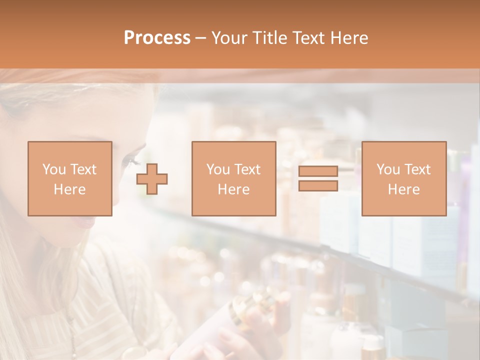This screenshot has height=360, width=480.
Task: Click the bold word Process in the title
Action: point(157,38)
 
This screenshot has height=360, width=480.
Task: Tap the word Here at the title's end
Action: point(349,38)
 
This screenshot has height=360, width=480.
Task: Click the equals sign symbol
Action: point(318,178)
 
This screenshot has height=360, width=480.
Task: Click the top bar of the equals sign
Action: point(318,171)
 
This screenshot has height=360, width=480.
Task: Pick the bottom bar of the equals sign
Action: point(318,185)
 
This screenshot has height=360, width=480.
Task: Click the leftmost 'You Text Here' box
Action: point(69,178)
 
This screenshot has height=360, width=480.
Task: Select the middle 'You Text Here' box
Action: point(233,178)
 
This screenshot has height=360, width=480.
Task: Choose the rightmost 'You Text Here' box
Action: point(403,178)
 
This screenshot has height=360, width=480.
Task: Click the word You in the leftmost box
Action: point(53,169)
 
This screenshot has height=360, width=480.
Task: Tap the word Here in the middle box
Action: point(233,189)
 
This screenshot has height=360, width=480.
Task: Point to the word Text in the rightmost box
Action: point(417,169)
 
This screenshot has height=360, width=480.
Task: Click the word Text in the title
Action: point(310,38)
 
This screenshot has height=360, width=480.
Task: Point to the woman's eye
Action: point(131,161)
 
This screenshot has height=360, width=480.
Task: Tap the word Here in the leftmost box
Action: point(69,189)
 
